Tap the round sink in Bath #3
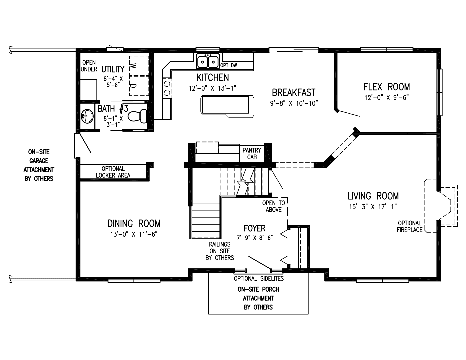point(87,116)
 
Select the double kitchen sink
point(207,61)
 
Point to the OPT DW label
point(229,65)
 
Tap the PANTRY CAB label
point(252,153)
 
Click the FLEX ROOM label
point(386,87)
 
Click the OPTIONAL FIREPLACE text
point(409,226)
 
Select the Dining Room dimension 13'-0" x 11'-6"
point(134,234)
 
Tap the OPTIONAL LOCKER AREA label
point(113,172)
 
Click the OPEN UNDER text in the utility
point(89,66)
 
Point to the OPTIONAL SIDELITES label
point(259,278)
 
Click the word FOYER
point(255,228)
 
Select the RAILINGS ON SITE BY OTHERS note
point(220,251)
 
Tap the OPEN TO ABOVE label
point(274,206)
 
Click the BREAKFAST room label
point(294,92)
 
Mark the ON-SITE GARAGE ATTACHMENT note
point(39,165)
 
